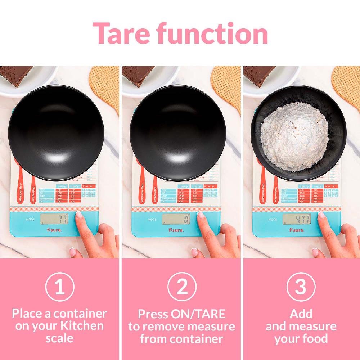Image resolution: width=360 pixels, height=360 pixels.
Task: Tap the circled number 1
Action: tap(60, 287)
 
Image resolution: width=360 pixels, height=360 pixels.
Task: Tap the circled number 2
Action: tap(182, 287)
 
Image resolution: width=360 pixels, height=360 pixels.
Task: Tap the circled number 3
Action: tap(301, 287)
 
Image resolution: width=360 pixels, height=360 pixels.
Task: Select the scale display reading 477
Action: tap(297, 219)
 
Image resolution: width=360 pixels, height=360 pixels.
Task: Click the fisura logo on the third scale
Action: tap(297, 229)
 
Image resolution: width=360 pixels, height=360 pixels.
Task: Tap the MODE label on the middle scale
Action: tap(152, 219)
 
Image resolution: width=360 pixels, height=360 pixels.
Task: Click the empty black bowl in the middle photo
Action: tap(178, 133)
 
